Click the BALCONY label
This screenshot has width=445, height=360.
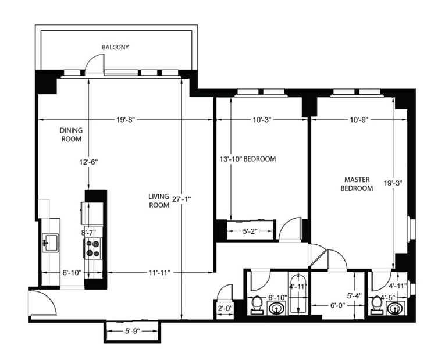[x=115, y=47]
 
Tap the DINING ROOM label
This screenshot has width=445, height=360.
[x=71, y=134]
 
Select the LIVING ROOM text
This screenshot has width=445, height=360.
[x=159, y=201]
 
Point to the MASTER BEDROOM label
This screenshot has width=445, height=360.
[x=357, y=184]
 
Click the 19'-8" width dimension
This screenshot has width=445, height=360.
[x=125, y=120]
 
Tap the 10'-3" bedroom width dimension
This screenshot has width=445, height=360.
[x=262, y=120]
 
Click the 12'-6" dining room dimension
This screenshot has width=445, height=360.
[x=88, y=162]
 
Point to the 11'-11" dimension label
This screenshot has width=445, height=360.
[x=159, y=273]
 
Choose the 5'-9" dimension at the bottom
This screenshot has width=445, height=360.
[x=131, y=331]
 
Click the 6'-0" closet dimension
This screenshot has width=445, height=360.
[x=337, y=305]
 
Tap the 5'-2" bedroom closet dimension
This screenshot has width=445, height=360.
[x=250, y=231]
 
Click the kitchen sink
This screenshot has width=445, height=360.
[x=50, y=243]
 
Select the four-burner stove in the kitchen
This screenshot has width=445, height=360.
[x=92, y=248]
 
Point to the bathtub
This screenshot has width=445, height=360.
[x=298, y=293]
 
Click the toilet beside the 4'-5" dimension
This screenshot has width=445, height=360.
[x=377, y=305]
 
